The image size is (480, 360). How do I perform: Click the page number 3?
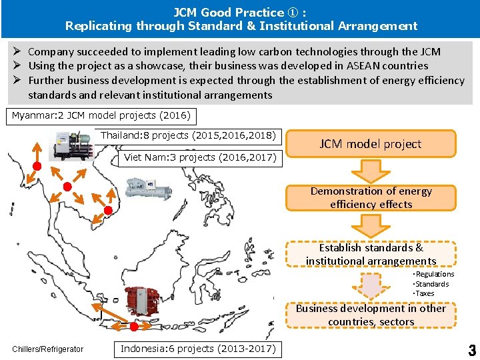tap(471, 350)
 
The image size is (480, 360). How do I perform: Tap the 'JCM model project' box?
tap(371, 143)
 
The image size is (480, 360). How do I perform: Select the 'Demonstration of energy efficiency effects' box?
tap(371, 197)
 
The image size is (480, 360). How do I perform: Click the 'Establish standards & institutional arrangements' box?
tap(371, 254)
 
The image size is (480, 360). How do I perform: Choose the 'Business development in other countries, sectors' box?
tap(371, 315)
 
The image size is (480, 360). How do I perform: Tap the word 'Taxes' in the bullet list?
tap(423, 293)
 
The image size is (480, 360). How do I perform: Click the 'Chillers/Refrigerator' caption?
tap(48, 349)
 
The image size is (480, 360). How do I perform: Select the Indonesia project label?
tap(199, 349)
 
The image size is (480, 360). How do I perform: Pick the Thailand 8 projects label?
tap(189, 135)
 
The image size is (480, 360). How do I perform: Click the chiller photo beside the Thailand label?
tap(73, 146)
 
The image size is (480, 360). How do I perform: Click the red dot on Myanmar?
tap(38, 165)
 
